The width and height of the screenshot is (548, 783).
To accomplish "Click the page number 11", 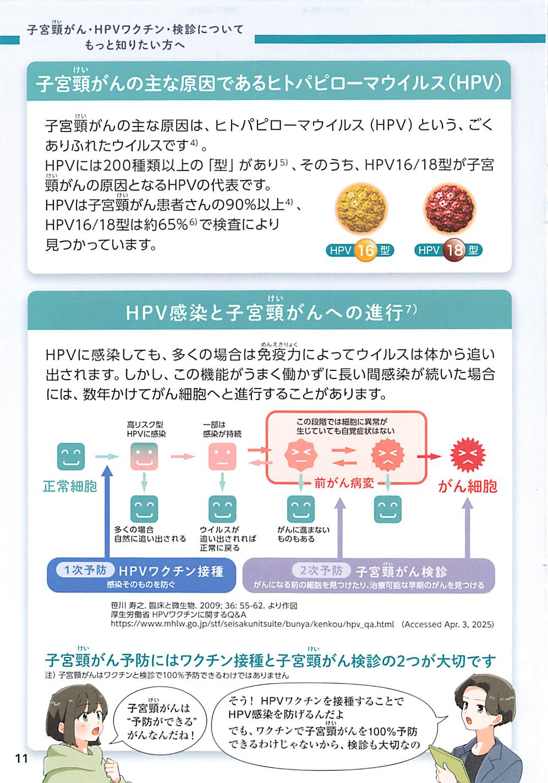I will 21,758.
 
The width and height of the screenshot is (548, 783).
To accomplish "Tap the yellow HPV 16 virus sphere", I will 361,210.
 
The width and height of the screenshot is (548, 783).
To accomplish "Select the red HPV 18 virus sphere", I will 449,210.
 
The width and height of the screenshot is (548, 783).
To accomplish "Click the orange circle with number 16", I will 365,250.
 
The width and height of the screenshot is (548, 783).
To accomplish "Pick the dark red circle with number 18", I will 455,250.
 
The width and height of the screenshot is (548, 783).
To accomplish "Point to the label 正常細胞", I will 70,486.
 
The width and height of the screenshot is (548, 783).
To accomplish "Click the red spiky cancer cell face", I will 468,456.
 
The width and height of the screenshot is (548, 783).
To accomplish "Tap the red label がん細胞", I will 468,486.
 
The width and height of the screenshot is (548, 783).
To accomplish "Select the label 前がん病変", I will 344,483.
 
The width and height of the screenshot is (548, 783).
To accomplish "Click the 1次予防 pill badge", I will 85,570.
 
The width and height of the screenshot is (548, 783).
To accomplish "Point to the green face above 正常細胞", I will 71,456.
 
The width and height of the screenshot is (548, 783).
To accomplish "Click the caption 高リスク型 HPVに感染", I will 146,429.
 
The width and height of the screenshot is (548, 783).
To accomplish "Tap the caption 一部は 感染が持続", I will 222,429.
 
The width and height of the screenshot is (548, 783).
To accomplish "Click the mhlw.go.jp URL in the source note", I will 253,625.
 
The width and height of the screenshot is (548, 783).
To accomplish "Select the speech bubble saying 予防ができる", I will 161,721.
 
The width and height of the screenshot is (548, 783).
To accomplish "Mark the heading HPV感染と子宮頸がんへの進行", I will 270,313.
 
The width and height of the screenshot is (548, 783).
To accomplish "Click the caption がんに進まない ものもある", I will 303,534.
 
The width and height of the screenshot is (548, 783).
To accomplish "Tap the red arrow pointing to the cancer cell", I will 429,456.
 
